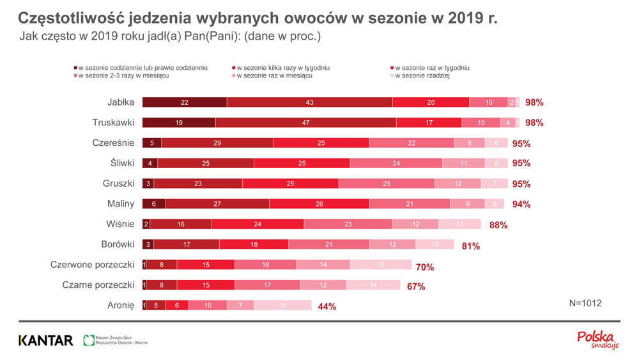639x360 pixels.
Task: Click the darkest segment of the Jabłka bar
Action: (x=184, y=102)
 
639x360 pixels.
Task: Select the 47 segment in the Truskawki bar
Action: (x=305, y=123)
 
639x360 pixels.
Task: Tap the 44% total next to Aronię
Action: (x=327, y=307)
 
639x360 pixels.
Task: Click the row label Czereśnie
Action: (x=113, y=143)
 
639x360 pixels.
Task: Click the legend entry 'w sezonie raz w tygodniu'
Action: (x=432, y=68)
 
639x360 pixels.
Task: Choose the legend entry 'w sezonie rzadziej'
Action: (x=422, y=76)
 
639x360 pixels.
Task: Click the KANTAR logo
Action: (x=46, y=340)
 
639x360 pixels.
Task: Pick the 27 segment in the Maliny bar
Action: (x=217, y=204)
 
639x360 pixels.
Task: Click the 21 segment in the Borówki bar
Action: (x=328, y=244)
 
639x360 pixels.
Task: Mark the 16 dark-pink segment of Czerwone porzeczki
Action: (x=265, y=265)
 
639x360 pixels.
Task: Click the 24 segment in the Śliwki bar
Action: (x=396, y=164)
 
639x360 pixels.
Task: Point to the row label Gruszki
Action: (x=118, y=184)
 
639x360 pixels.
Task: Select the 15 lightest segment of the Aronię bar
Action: (x=282, y=306)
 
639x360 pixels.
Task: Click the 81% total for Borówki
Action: (x=470, y=246)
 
